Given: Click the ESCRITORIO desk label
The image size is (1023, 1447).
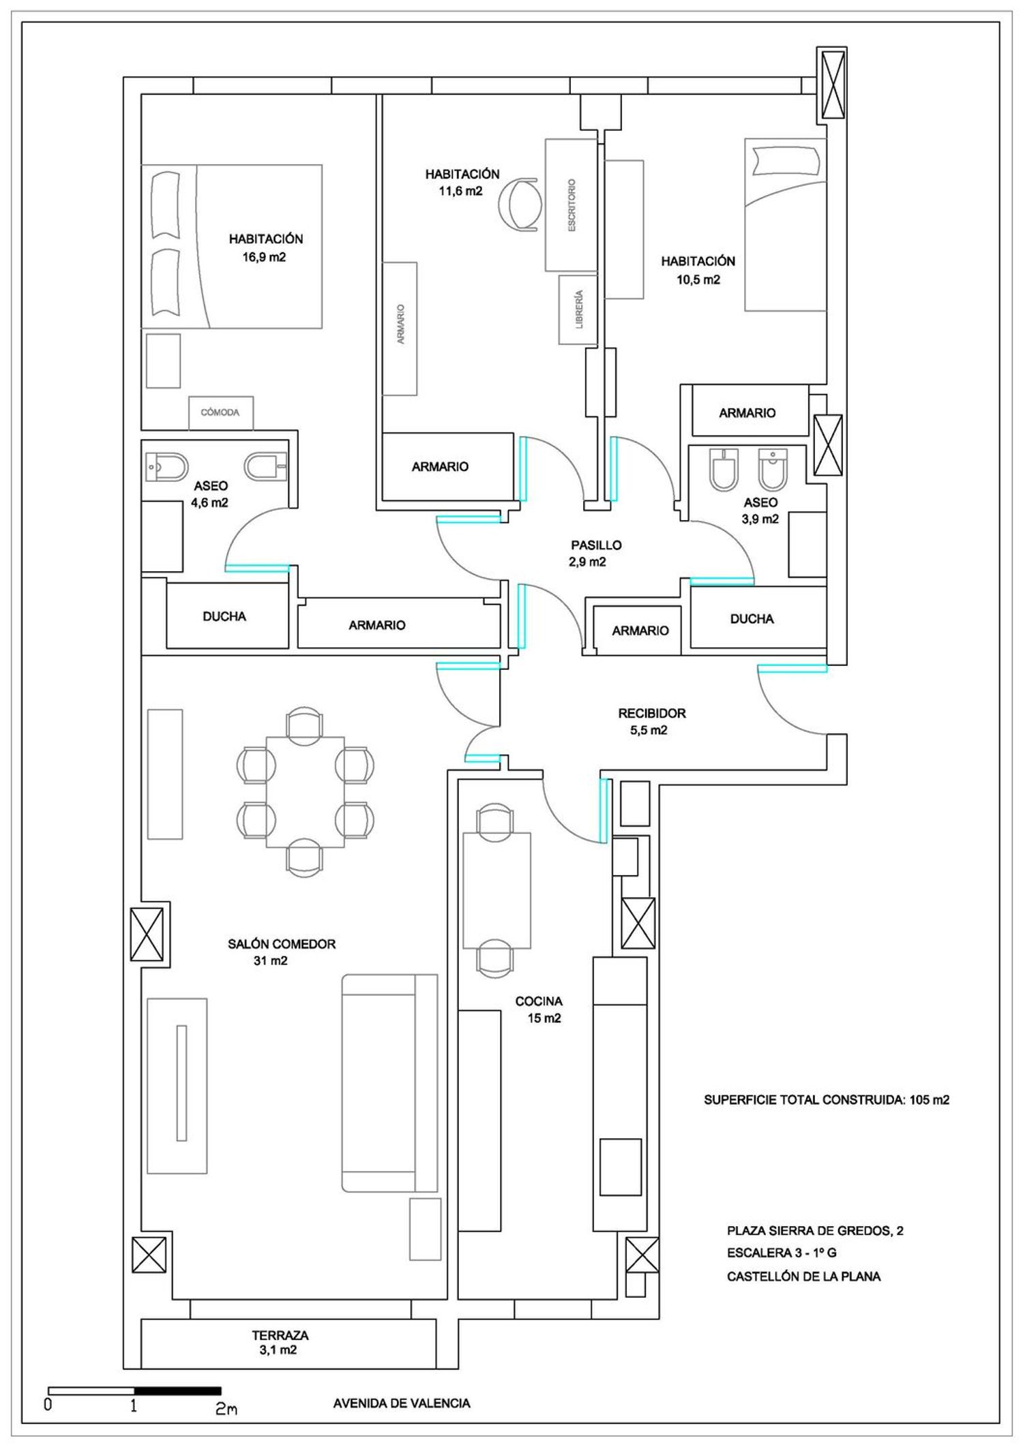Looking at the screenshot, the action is click(572, 205).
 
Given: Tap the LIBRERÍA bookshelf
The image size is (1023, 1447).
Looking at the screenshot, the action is click(578, 309).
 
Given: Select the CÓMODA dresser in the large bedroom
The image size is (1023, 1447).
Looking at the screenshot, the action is click(221, 413).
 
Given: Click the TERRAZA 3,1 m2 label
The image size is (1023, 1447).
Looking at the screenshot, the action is click(280, 1342).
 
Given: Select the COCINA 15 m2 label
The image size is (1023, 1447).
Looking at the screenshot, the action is click(539, 1009).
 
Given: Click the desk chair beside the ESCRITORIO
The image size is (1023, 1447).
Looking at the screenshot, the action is click(520, 204).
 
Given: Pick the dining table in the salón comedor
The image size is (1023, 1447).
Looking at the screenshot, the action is click(305, 791).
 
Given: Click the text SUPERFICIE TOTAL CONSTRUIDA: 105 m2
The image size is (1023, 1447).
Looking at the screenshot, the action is click(827, 1099).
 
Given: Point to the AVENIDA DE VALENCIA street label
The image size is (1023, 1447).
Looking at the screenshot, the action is click(402, 1403).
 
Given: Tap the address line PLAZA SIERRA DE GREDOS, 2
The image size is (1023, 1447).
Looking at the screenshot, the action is click(815, 1230).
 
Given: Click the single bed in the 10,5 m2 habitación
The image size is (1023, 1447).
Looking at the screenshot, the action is click(786, 225).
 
